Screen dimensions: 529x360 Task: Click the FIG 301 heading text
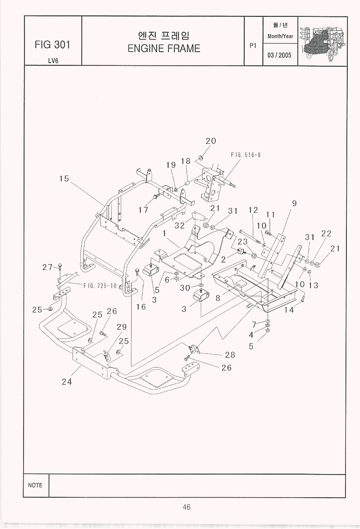point(52,44)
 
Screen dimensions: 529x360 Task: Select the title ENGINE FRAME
point(163,49)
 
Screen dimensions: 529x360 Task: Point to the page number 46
point(186,507)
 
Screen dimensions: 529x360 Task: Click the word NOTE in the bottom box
point(35,485)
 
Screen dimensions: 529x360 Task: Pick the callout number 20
point(211,141)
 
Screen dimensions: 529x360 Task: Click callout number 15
point(64,179)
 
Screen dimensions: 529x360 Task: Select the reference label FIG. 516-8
point(245,155)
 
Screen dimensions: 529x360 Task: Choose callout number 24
point(67,382)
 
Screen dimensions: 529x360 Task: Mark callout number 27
point(48,267)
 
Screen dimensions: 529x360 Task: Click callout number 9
point(294,203)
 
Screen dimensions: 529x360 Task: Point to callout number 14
point(289,310)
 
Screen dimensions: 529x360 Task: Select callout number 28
point(230,355)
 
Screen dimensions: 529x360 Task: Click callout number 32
point(180,225)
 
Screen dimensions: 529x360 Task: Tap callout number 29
point(121,327)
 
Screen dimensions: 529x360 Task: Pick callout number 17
point(143,210)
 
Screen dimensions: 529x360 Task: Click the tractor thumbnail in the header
point(322,41)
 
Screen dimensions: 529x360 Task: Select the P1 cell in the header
point(253,45)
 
